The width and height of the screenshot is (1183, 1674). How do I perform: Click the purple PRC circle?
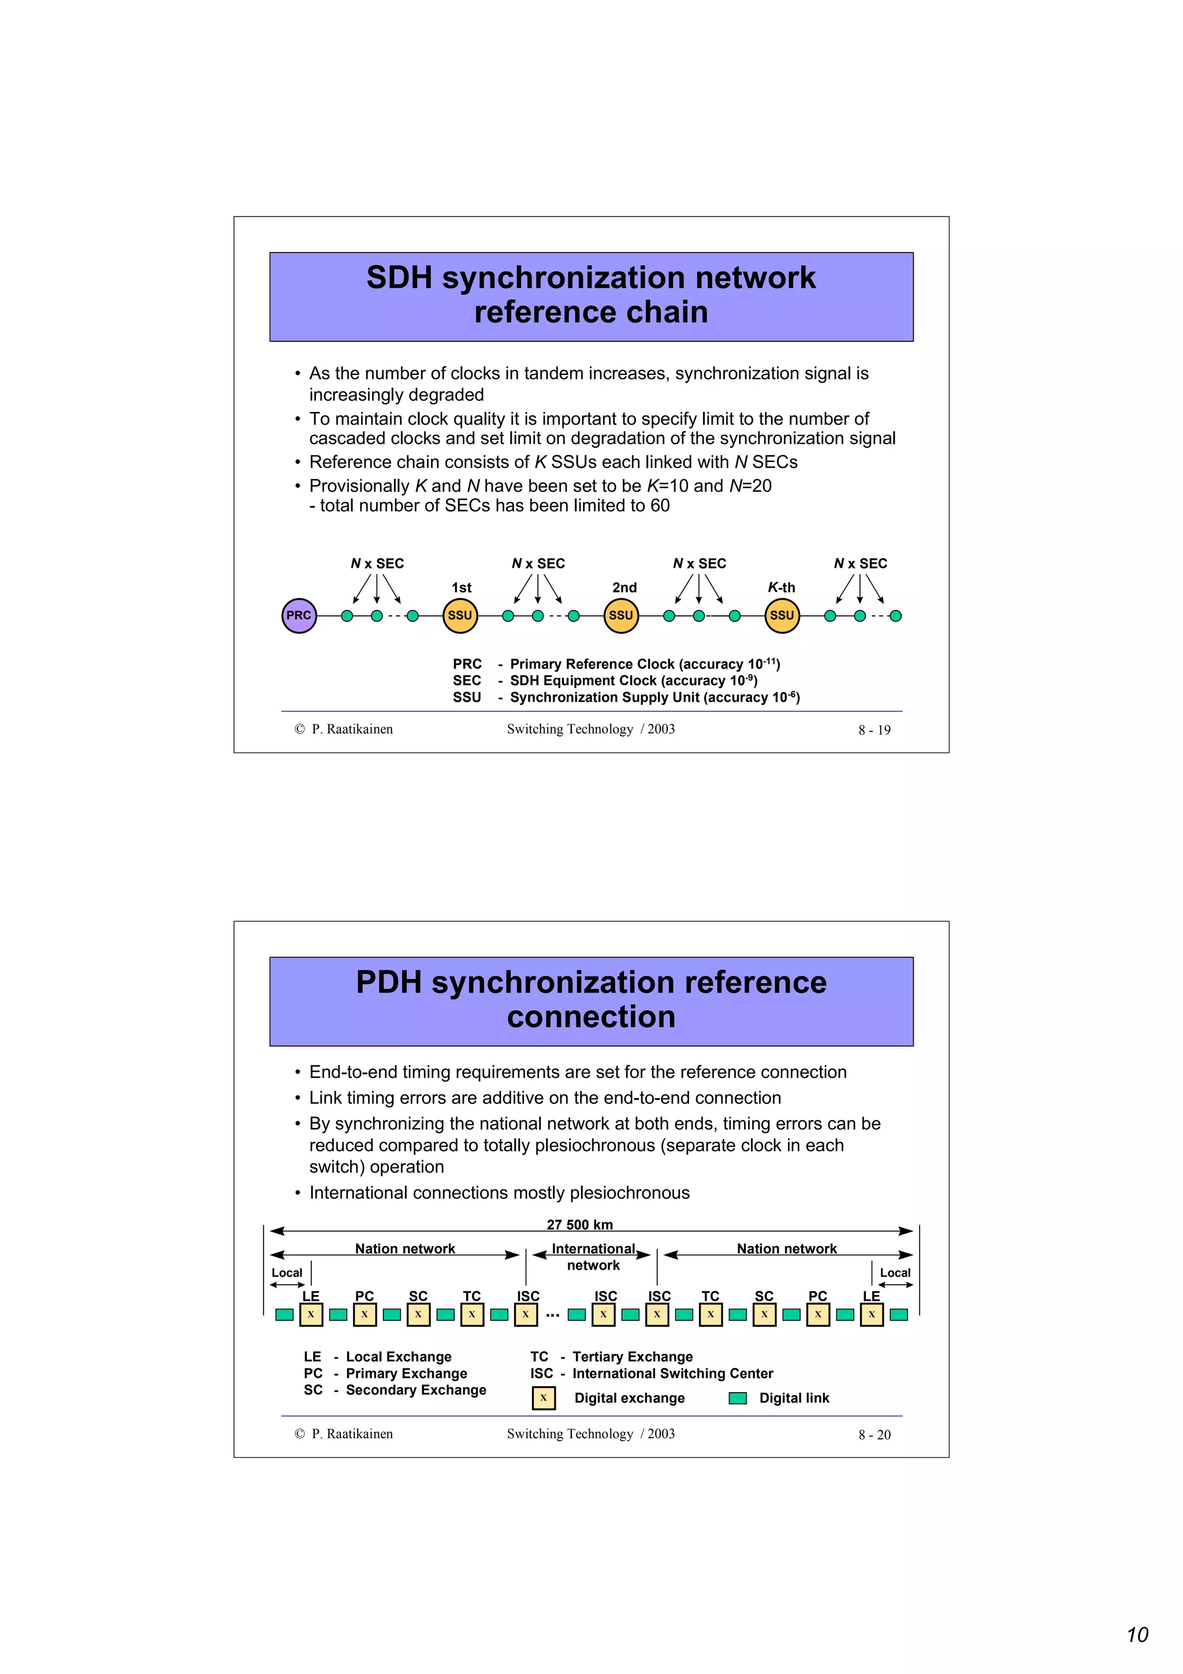point(299,615)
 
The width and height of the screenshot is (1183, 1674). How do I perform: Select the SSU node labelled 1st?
point(460,615)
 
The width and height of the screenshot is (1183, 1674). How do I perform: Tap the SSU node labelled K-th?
point(782,615)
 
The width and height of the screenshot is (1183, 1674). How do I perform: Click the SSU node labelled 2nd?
point(621,615)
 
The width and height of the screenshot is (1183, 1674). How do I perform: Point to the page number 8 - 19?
point(874,730)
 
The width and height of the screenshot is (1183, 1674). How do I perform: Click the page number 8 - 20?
point(874,1434)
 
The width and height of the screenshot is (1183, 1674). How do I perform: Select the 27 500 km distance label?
point(579,1224)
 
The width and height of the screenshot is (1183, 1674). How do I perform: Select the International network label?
point(593,1256)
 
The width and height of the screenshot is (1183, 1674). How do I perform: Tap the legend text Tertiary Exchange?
point(632,1356)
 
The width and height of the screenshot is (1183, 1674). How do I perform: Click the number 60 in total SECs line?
point(660,505)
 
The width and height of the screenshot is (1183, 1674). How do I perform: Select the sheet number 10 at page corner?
point(1137,1635)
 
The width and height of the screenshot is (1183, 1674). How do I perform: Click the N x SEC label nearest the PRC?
point(377,563)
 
